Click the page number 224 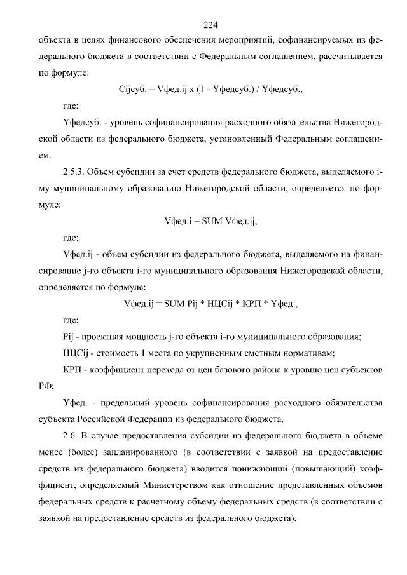coord(210,25)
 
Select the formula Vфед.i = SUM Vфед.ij coord(210,221)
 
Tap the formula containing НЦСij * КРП coord(210,304)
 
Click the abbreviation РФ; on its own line coord(47,386)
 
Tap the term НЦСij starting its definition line coord(76,353)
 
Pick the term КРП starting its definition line coord(71,369)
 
